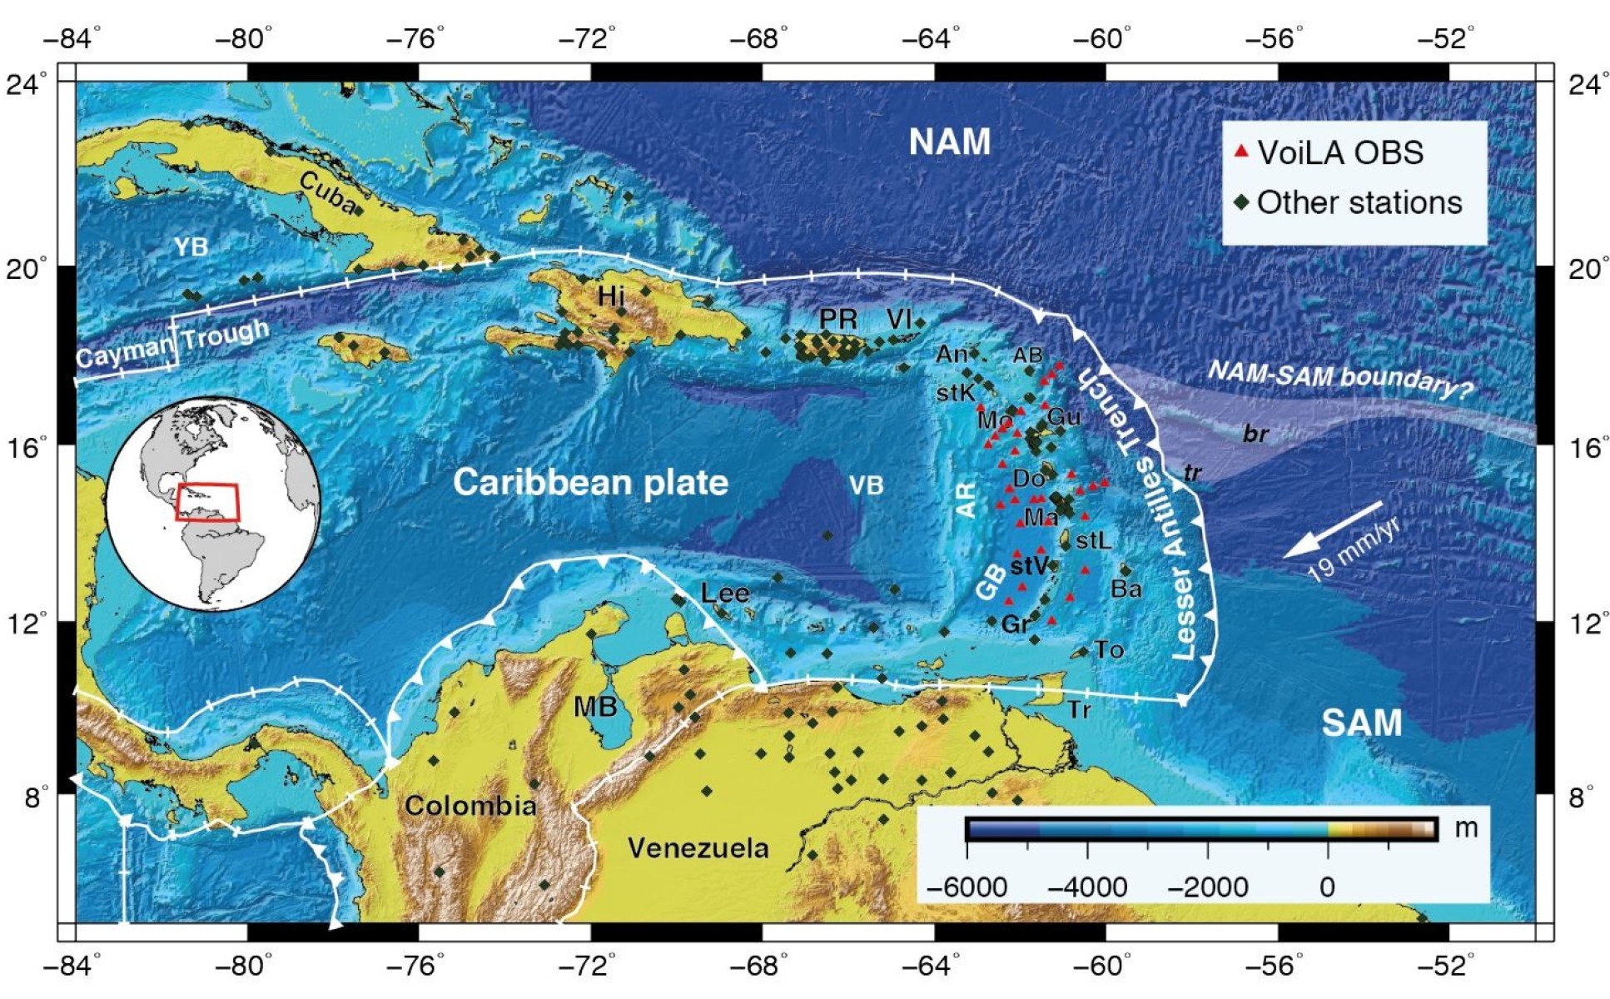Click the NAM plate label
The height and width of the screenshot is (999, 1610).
pyautogui.click(x=949, y=142)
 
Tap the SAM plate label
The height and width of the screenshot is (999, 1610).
pyautogui.click(x=1361, y=723)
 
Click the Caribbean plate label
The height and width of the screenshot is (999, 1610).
pyautogui.click(x=590, y=483)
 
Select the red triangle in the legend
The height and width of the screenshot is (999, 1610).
pyautogui.click(x=1240, y=152)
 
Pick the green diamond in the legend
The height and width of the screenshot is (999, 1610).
pyautogui.click(x=1241, y=203)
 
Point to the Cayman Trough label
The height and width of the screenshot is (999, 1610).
pyautogui.click(x=172, y=344)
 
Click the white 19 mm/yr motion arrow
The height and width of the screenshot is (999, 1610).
pyautogui.click(x=1333, y=529)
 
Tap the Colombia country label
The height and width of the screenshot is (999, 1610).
pyautogui.click(x=470, y=806)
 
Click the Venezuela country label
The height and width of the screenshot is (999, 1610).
pyautogui.click(x=698, y=848)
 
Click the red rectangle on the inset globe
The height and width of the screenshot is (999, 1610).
pyautogui.click(x=207, y=502)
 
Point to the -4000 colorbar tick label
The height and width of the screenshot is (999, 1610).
pyautogui.click(x=1086, y=887)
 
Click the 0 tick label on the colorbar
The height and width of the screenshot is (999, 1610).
pyautogui.click(x=1327, y=887)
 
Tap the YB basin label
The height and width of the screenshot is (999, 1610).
pyautogui.click(x=191, y=247)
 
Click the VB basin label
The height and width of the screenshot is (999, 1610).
pyautogui.click(x=866, y=485)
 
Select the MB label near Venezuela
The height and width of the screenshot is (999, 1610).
pyautogui.click(x=595, y=708)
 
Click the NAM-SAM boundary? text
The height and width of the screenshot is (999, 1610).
pyautogui.click(x=1339, y=379)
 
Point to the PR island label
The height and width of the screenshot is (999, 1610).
pyautogui.click(x=837, y=319)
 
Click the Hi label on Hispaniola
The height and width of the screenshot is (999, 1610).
pyautogui.click(x=611, y=296)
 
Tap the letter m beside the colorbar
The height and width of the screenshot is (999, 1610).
pyautogui.click(x=1465, y=828)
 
